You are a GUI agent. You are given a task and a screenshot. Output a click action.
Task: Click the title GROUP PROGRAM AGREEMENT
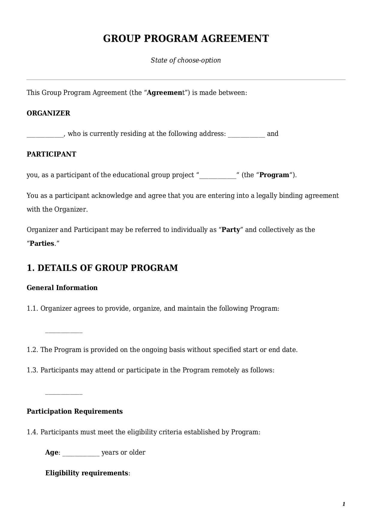coord(186,39)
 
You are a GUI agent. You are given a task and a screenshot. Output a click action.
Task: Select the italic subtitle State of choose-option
coord(186,60)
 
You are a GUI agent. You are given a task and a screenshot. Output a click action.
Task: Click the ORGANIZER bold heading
coord(48,113)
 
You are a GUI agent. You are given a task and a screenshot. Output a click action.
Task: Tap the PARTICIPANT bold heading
coord(51,154)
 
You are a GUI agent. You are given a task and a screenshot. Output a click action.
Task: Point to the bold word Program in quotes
coord(274,175)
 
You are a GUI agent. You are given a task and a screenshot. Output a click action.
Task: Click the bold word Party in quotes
coord(231,230)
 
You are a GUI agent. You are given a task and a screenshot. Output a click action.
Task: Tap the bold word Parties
coord(42,243)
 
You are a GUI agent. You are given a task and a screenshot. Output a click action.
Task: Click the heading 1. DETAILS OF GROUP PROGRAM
coord(102,268)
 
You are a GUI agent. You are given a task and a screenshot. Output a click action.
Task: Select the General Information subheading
coord(62,288)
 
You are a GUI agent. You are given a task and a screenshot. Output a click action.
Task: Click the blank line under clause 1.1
coord(64,332)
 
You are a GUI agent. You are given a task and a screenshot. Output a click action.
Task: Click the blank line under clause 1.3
coord(64,393)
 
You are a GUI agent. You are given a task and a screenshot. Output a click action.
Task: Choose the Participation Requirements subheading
coord(75,411)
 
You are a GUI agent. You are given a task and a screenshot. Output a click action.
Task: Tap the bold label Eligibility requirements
coord(87,473)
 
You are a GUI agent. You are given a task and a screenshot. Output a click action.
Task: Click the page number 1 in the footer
coord(344,504)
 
